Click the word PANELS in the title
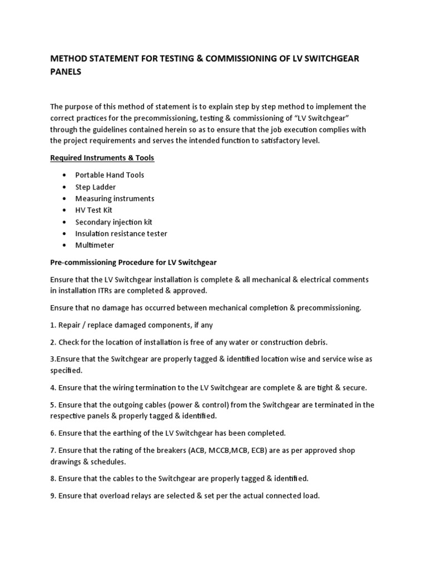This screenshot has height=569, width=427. (x=66, y=72)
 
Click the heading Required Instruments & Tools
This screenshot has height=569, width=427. (x=102, y=158)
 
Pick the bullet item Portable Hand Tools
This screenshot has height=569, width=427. (x=110, y=175)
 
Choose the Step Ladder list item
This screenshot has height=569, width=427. (x=95, y=187)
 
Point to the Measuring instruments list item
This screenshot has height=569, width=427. (x=115, y=198)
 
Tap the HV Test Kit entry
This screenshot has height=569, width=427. (x=93, y=210)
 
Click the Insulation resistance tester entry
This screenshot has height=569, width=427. (x=121, y=233)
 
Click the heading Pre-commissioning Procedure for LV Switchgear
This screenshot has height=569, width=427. (x=146, y=262)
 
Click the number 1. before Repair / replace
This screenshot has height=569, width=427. (x=53, y=325)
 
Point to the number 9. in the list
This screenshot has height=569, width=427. (x=53, y=495)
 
